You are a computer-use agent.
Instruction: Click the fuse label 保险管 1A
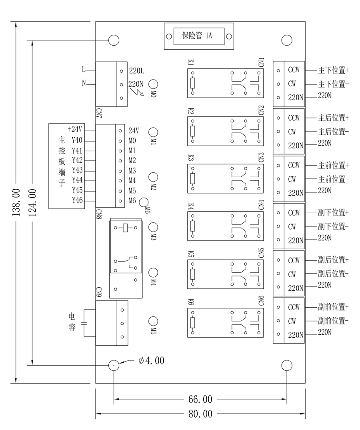click(197, 36)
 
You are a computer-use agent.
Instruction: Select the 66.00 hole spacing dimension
click(200, 399)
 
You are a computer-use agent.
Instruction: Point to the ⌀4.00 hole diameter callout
click(151, 360)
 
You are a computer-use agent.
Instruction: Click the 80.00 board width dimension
click(200, 414)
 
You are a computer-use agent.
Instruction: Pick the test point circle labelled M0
click(154, 84)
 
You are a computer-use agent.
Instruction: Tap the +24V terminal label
click(75, 129)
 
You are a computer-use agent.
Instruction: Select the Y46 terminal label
click(77, 200)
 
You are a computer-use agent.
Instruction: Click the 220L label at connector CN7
click(136, 71)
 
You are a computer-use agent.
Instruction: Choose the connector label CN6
click(261, 301)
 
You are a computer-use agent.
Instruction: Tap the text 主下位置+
click(333, 70)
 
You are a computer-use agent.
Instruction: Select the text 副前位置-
click(333, 321)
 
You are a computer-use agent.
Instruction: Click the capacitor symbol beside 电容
click(84, 323)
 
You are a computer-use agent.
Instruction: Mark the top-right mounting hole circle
click(287, 40)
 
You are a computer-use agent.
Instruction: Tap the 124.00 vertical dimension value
click(33, 202)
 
